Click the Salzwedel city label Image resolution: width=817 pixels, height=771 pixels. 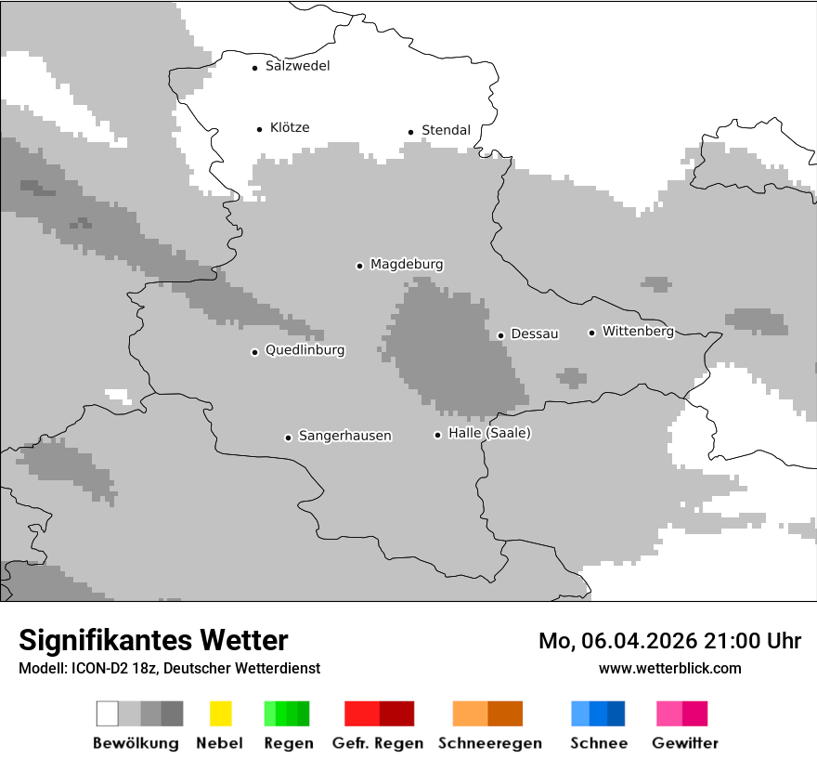tap(297, 66)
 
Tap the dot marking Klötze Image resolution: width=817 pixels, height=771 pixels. tap(259, 129)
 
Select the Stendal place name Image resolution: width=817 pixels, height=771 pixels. tap(446, 130)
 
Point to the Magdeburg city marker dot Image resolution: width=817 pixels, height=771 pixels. tap(359, 266)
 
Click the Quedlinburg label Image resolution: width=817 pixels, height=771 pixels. tap(305, 350)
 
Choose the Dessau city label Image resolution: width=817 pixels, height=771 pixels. tap(535, 333)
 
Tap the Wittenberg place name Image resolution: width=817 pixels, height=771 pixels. tap(638, 331)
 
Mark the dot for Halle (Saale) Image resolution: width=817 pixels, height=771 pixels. tap(437, 435)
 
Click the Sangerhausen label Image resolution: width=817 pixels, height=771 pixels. tap(344, 436)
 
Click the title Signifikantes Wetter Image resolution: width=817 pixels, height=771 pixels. tap(153, 640)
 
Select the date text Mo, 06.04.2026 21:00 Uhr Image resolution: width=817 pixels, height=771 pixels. tap(669, 641)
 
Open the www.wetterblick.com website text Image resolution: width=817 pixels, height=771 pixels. tap(669, 668)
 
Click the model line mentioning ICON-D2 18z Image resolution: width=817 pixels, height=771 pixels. tap(169, 668)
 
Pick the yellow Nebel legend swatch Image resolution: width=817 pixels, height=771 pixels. tap(220, 713)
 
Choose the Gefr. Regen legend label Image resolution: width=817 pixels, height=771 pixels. tap(379, 743)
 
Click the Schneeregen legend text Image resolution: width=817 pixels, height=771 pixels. tap(489, 743)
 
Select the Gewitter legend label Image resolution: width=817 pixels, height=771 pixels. tap(684, 743)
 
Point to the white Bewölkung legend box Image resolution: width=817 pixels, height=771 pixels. tap(108, 713)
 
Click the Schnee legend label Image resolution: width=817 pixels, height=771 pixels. tap(598, 743)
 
